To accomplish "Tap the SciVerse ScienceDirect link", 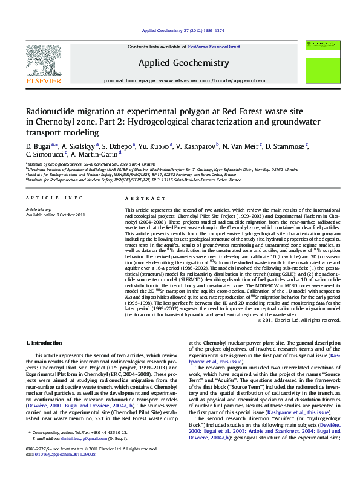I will [x=214, y=47].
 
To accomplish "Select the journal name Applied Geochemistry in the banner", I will [x=183, y=63].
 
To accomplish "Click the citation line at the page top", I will [x=183, y=30].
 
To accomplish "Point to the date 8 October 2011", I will [x=70, y=215].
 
